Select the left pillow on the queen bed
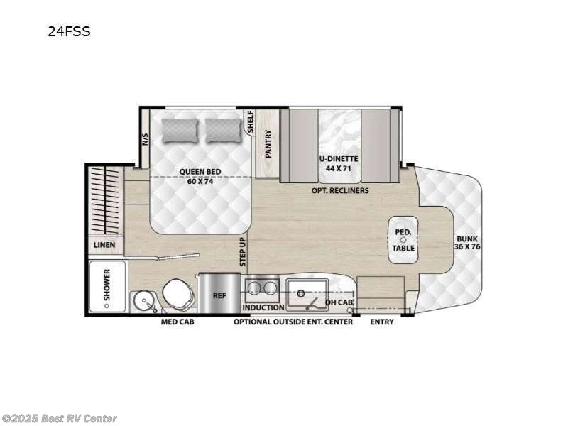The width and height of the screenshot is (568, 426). coord(177,130)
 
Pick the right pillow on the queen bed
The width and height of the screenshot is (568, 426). coord(223,130)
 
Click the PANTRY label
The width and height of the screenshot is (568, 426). coord(268,144)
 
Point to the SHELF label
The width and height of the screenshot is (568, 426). coord(250,122)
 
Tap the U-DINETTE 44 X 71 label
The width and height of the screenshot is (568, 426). coord(338,163)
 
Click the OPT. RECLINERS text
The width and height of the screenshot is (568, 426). coord(339,190)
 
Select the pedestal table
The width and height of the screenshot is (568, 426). coord(403,239)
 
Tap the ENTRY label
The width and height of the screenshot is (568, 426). coord(381,322)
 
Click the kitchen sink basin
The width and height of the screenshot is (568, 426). coord(307,292)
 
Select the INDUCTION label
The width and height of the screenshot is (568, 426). coord(263,307)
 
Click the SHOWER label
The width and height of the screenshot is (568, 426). coord(108,287)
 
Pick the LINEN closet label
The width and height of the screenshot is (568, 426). coord(104,245)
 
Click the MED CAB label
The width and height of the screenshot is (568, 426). coord(177,322)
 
